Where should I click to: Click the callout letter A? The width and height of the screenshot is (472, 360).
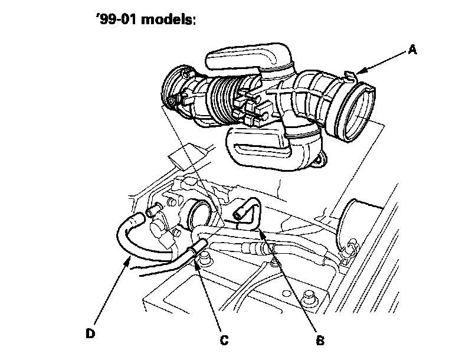[x=413, y=51]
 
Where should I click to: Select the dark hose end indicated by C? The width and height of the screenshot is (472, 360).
[x=198, y=243]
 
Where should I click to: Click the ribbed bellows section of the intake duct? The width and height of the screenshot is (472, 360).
[x=222, y=100]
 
